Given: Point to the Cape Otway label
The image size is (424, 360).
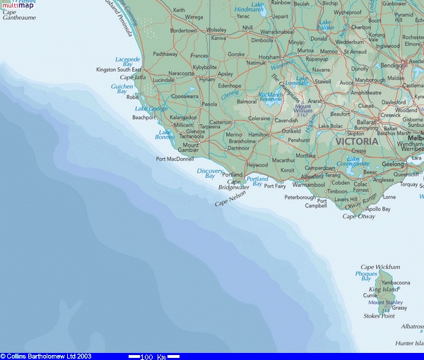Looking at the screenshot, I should (x=358, y=216).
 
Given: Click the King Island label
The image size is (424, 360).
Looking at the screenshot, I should (x=384, y=289).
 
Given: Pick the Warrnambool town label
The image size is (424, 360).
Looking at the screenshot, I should (x=307, y=184).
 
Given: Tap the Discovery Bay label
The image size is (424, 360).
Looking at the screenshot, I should (x=210, y=174).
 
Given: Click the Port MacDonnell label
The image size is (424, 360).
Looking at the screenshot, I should (x=175, y=159).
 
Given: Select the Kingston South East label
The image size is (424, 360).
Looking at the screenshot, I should (x=119, y=70).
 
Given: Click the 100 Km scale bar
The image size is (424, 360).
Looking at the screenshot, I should (x=153, y=356).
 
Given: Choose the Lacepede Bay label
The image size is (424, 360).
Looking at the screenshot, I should (x=128, y=61).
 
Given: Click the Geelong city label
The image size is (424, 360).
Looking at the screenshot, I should (x=393, y=164).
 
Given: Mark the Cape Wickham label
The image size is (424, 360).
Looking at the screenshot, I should (x=380, y=267).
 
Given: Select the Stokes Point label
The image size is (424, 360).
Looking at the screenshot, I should (x=379, y=316).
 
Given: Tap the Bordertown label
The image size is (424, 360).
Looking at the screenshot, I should (x=184, y=31).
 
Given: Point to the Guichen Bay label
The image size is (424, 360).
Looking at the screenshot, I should (x=122, y=89).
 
